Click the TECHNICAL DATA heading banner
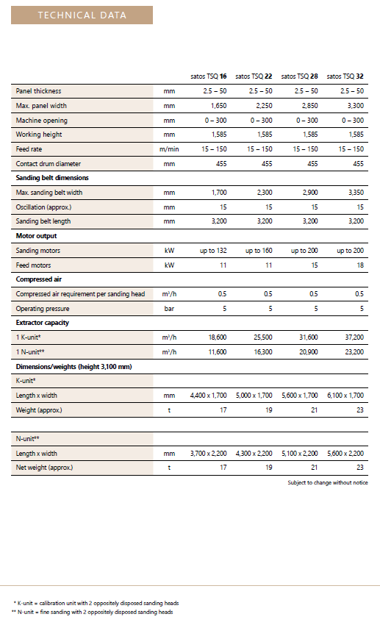pyautogui.click(x=82, y=15)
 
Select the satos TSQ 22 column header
pyautogui.click(x=254, y=76)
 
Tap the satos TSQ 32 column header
pyautogui.click(x=345, y=76)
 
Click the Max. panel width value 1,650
pyautogui.click(x=218, y=106)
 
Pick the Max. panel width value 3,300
pyautogui.click(x=356, y=106)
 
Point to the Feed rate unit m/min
pyautogui.click(x=169, y=149)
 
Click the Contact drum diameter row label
pyautogui.click(x=48, y=163)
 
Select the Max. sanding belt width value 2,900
pyautogui.click(x=309, y=193)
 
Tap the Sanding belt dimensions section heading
pyautogui.click(x=52, y=178)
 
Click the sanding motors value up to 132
pyautogui.click(x=213, y=250)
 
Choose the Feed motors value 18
pyautogui.click(x=360, y=265)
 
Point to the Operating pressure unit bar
pyautogui.click(x=169, y=308)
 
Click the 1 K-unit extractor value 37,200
pyautogui.click(x=354, y=337)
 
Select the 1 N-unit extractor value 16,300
pyautogui.click(x=263, y=352)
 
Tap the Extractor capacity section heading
pyautogui.click(x=43, y=323)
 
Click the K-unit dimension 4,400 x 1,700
pyautogui.click(x=208, y=395)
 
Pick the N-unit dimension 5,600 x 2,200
pyautogui.click(x=345, y=453)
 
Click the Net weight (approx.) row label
pyautogui.click(x=44, y=468)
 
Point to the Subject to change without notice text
pyautogui.click(x=328, y=482)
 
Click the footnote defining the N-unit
pyautogui.click(x=93, y=612)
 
